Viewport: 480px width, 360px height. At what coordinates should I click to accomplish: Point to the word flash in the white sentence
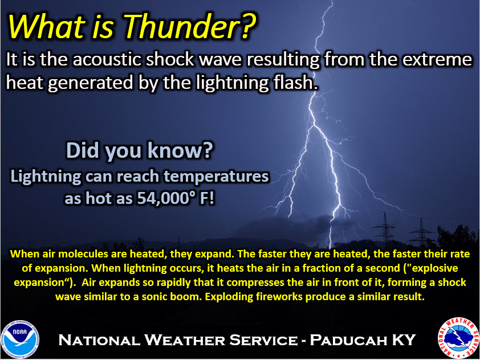click(294, 83)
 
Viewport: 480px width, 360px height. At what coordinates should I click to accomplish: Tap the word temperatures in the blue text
click(216, 177)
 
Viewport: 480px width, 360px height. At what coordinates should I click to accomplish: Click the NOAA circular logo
click(20, 339)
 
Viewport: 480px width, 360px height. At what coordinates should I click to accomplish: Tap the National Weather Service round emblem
click(458, 338)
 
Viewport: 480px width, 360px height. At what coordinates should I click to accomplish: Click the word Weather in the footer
click(184, 340)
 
